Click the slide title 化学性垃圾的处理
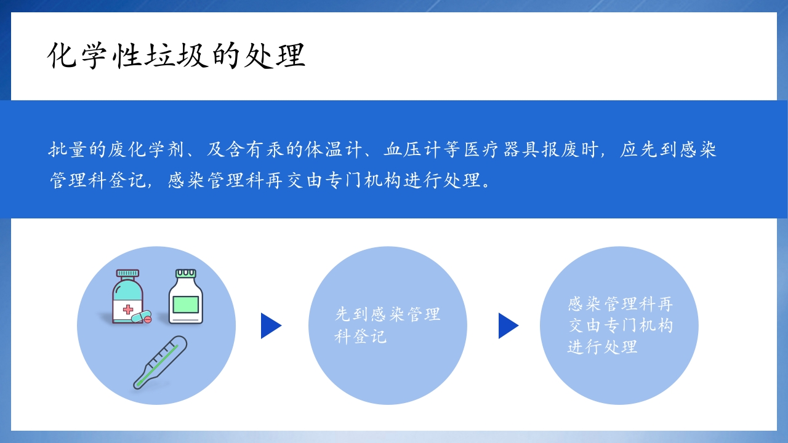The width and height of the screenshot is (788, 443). click(x=177, y=56)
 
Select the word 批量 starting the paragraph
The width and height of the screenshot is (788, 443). click(x=67, y=150)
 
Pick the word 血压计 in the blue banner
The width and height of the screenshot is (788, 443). click(x=412, y=150)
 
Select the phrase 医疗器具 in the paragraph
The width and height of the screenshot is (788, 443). click(x=501, y=150)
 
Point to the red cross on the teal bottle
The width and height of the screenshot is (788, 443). click(x=128, y=309)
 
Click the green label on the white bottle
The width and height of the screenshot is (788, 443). click(x=186, y=305)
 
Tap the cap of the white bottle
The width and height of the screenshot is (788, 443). click(x=186, y=273)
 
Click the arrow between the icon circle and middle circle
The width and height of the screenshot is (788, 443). click(x=270, y=325)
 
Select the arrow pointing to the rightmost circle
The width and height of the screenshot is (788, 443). click(x=508, y=325)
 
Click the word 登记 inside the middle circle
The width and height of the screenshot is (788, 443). click(x=369, y=337)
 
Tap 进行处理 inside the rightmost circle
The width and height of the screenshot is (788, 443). click(x=602, y=347)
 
